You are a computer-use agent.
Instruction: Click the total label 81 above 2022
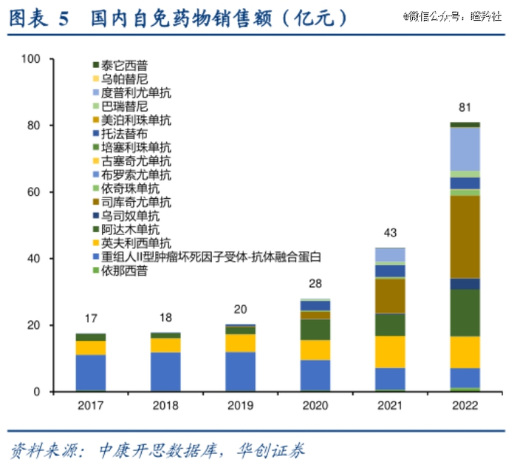pos(465,106)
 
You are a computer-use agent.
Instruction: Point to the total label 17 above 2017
pos(90,319)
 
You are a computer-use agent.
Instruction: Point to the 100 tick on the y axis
pos(32,59)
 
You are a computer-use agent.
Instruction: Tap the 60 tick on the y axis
pos(35,192)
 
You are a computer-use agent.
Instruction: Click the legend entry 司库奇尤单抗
pos(136,202)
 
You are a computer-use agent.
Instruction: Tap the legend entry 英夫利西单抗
pos(136,243)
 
